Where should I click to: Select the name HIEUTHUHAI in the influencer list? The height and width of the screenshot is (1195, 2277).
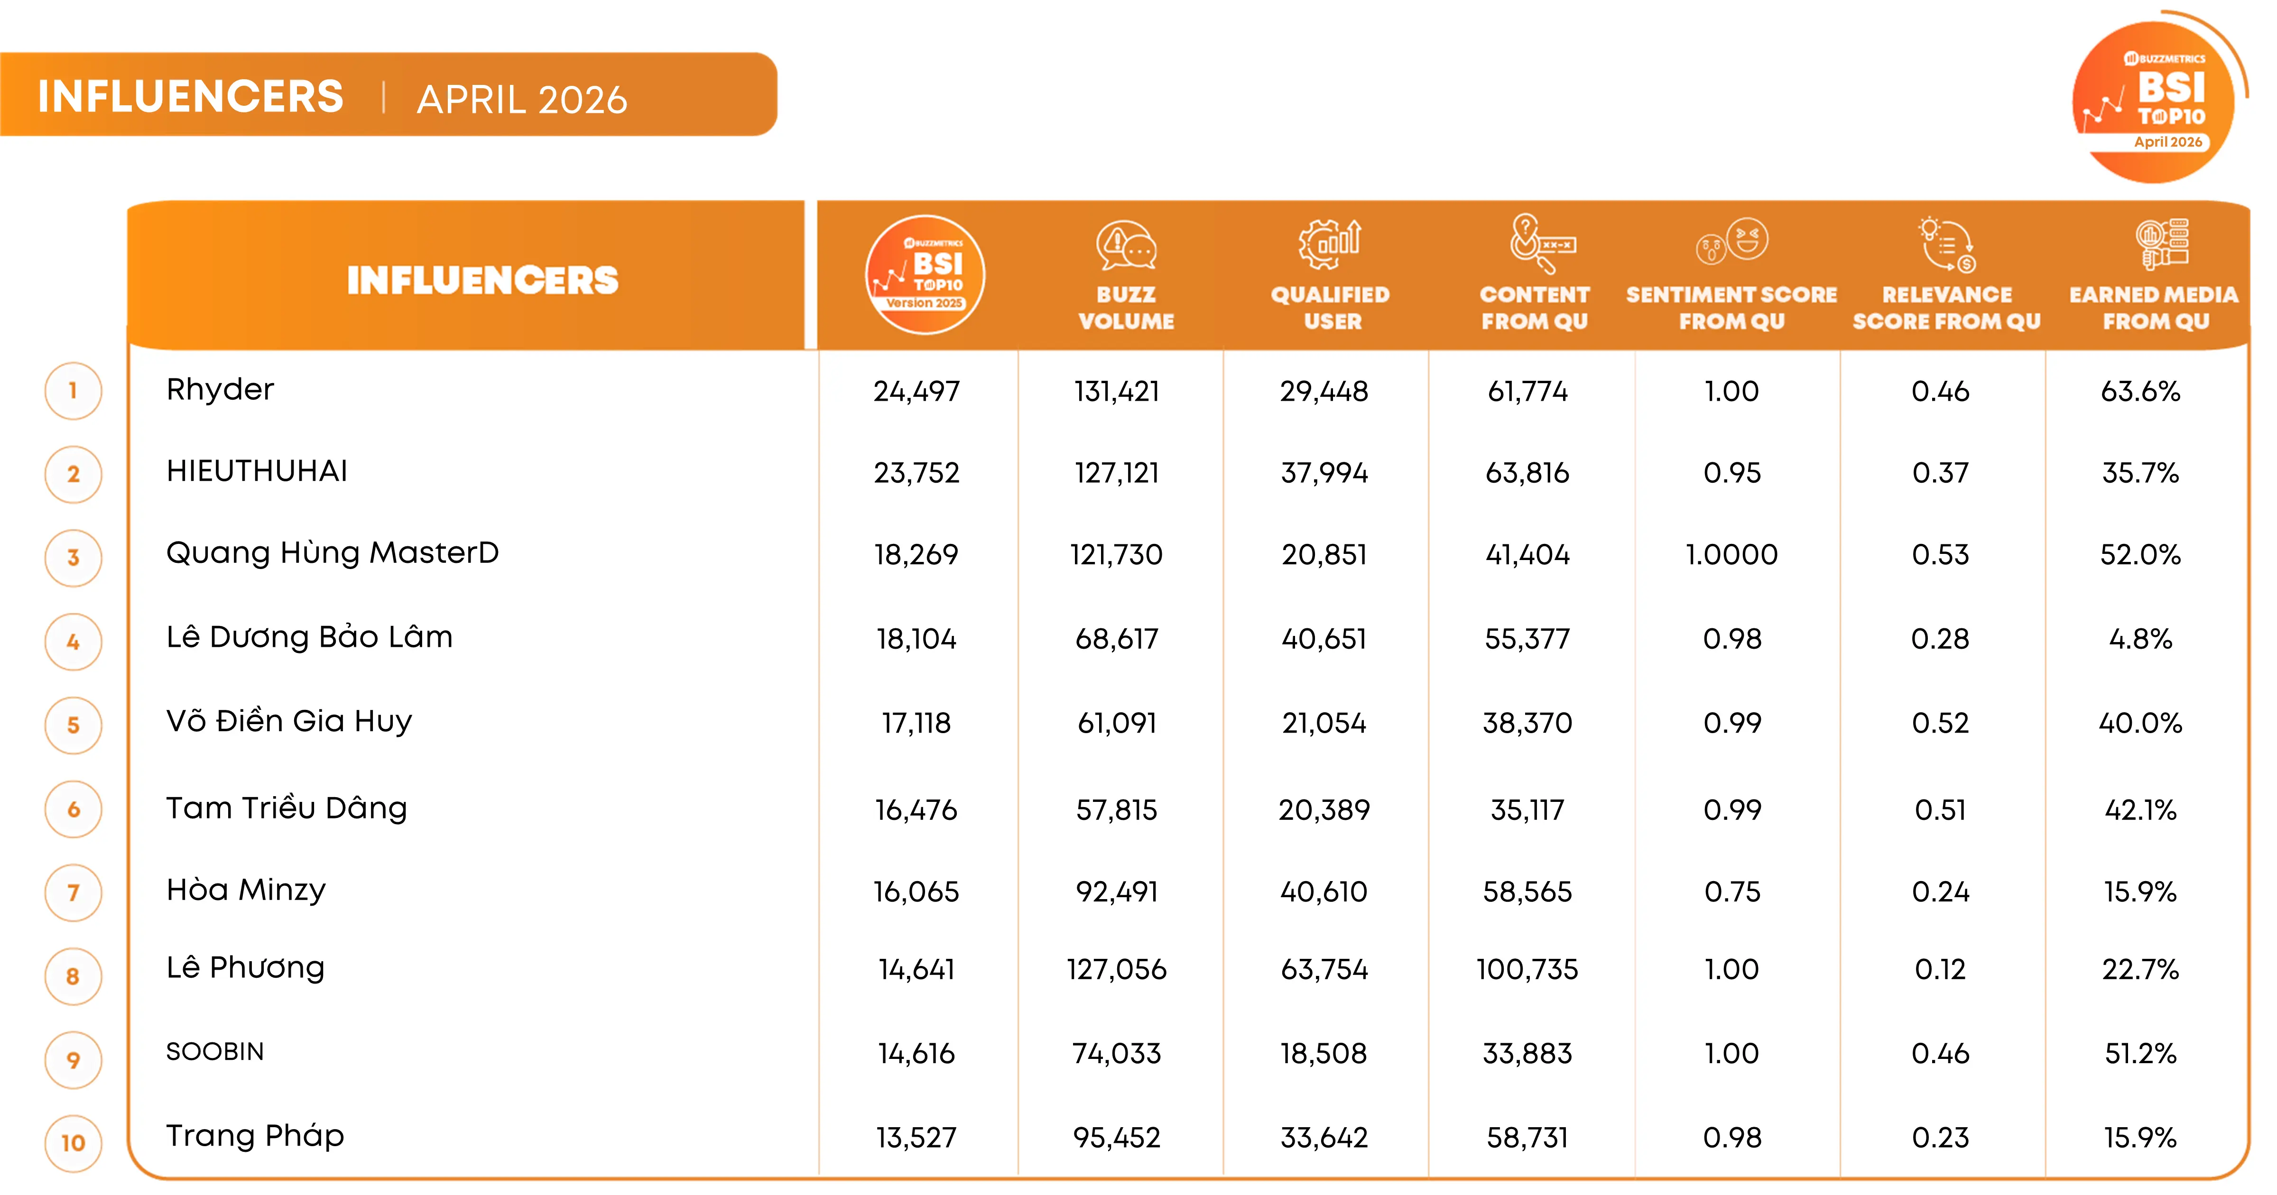(x=256, y=471)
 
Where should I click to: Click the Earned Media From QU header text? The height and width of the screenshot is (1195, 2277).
(x=2154, y=308)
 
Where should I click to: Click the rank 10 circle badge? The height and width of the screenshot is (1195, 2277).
(x=74, y=1143)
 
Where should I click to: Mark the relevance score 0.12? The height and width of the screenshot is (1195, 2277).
(x=1940, y=970)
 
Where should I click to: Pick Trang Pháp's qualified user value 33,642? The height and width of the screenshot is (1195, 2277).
(x=1324, y=1138)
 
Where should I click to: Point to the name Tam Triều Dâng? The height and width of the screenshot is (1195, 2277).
(x=287, y=808)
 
